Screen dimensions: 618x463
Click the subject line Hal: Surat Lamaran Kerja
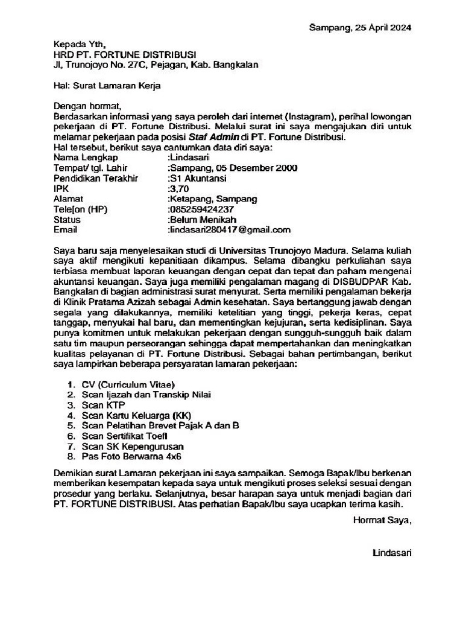click(107, 86)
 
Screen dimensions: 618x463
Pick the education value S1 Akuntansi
click(198, 178)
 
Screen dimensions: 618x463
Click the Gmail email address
click(230, 229)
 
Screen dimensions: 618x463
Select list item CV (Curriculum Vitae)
click(128, 384)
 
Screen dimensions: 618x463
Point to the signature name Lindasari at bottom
click(392, 552)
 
